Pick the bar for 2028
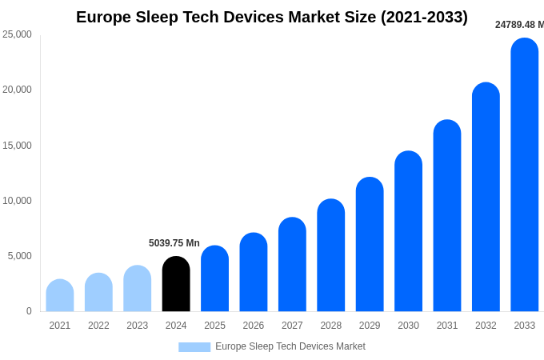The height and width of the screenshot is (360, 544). (x=331, y=255)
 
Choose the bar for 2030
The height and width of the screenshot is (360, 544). (x=408, y=231)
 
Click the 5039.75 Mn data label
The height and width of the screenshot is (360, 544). (x=174, y=243)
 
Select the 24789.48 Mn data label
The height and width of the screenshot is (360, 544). (x=518, y=25)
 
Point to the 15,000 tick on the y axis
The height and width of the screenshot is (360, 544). (x=17, y=145)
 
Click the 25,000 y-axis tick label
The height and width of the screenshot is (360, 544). (x=17, y=34)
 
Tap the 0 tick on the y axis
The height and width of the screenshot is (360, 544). (x=29, y=311)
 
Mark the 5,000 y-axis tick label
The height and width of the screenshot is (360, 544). (x=19, y=256)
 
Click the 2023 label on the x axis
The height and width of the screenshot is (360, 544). (x=138, y=326)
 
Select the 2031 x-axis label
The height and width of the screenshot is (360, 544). (x=447, y=326)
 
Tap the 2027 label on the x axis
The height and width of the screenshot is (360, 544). (x=292, y=326)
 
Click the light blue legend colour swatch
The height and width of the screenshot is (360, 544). (x=194, y=347)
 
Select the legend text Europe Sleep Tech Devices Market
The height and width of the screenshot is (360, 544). (x=290, y=346)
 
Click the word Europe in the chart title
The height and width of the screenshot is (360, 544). (x=103, y=17)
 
